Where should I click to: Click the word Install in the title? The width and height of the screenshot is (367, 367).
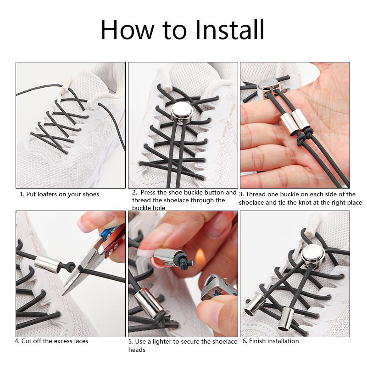pos(230,30)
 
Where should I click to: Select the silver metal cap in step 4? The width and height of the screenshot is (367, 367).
pos(48,264)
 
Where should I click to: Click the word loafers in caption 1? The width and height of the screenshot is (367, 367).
pos(48,194)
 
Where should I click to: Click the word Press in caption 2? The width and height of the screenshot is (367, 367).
pos(149,193)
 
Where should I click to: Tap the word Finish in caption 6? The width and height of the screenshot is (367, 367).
pos(258,341)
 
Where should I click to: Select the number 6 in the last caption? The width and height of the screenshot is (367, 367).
pos(245,341)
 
